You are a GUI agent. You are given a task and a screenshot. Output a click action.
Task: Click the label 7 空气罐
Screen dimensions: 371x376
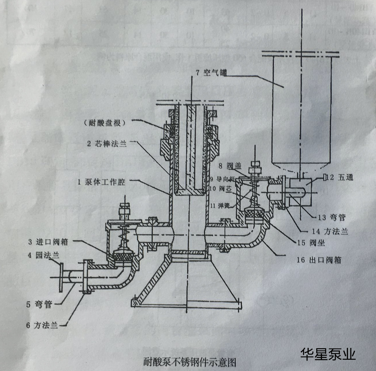(211, 73)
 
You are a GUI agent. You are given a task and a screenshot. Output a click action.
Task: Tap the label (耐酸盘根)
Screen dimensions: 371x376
(105, 123)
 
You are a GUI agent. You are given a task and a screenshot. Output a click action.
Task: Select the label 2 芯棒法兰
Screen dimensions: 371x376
(107, 143)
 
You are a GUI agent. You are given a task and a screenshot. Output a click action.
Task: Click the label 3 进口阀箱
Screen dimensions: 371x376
(48, 242)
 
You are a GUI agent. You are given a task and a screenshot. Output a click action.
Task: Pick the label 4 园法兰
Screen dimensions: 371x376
(44, 255)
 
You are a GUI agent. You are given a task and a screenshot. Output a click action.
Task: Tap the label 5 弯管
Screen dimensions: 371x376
(39, 304)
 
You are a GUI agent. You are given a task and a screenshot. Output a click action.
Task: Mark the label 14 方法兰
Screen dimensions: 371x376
(330, 231)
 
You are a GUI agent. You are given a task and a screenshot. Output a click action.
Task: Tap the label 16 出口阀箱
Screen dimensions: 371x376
(319, 260)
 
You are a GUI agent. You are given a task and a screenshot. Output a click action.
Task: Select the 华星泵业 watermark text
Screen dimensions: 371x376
(328, 354)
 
